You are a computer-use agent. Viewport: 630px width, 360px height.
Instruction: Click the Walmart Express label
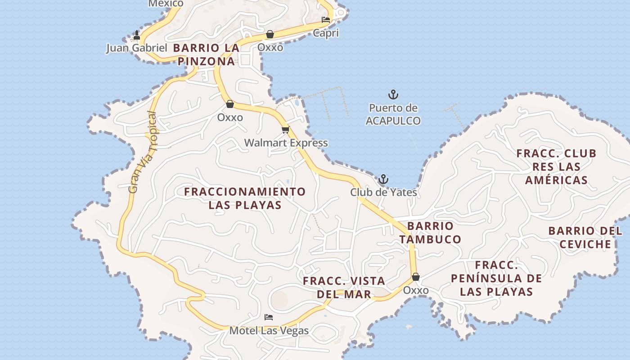pyautogui.click(x=286, y=143)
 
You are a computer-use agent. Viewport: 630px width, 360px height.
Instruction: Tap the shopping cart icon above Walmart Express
pyautogui.click(x=285, y=130)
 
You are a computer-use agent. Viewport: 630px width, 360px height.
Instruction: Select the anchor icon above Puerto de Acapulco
pyautogui.click(x=393, y=94)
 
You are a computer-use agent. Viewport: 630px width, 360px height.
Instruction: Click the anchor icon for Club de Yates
pyautogui.click(x=383, y=180)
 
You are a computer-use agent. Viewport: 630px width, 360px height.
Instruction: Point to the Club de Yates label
pyautogui.click(x=383, y=193)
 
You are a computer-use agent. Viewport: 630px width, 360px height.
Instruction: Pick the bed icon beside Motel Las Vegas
pyautogui.click(x=269, y=317)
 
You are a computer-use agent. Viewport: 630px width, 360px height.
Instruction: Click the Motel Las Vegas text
pyautogui.click(x=269, y=331)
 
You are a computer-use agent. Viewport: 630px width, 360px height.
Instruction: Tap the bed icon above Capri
pyautogui.click(x=326, y=20)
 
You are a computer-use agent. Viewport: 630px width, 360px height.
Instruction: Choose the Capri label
pyautogui.click(x=326, y=33)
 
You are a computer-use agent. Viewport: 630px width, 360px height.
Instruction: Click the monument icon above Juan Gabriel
pyautogui.click(x=137, y=35)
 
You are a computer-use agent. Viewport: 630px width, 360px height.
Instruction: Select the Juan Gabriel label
pyautogui.click(x=136, y=48)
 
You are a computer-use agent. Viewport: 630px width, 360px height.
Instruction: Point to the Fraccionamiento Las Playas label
pyautogui.click(x=245, y=198)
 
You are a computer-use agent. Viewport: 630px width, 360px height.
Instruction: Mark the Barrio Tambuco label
pyautogui.click(x=430, y=232)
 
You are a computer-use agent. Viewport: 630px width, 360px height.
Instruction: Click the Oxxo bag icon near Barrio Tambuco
pyautogui.click(x=416, y=276)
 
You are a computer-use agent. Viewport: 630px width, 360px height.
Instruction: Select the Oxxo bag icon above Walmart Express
pyautogui.click(x=230, y=104)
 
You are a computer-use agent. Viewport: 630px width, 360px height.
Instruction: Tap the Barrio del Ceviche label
pyautogui.click(x=585, y=238)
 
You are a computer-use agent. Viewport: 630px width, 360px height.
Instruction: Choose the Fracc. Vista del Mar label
pyautogui.click(x=344, y=288)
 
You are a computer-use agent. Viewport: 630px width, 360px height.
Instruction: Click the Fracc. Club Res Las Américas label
pyautogui.click(x=557, y=166)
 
